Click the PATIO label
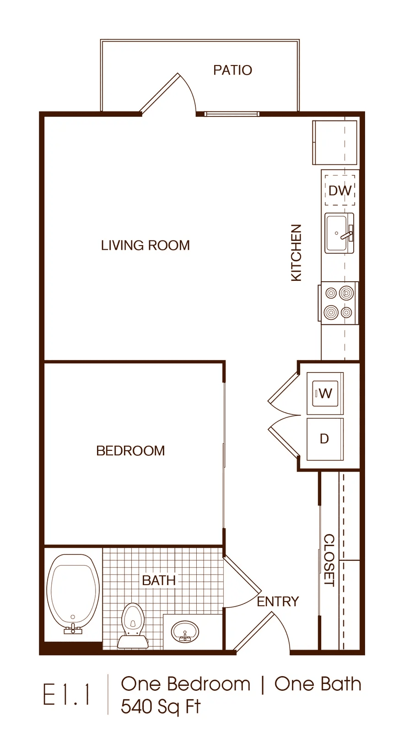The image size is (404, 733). (x=232, y=70)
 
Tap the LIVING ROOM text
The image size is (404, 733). (x=145, y=246)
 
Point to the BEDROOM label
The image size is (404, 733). (x=130, y=451)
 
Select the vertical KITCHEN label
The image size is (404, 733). (x=296, y=252)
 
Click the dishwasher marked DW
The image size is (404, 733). (x=340, y=191)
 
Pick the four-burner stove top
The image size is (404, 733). (x=338, y=303)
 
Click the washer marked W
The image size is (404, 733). (x=325, y=394)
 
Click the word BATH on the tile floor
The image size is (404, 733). (x=159, y=580)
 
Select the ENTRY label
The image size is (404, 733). (x=278, y=602)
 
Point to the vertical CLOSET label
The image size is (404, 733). (x=329, y=560)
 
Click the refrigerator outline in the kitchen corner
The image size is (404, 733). (x=335, y=142)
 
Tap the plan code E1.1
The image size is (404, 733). (x=67, y=695)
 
